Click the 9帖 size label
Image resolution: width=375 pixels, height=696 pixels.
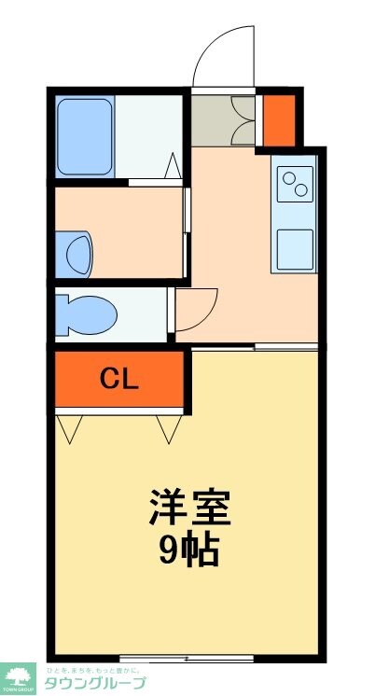(x=189, y=550)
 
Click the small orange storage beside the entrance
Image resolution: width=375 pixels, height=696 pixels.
(x=278, y=118)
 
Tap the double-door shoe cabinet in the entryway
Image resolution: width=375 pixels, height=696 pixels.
(x=223, y=118)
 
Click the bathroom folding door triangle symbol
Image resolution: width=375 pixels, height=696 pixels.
(x=173, y=168)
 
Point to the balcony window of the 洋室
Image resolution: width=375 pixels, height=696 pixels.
(x=187, y=659)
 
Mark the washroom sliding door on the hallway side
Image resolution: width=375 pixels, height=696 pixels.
(x=187, y=233)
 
